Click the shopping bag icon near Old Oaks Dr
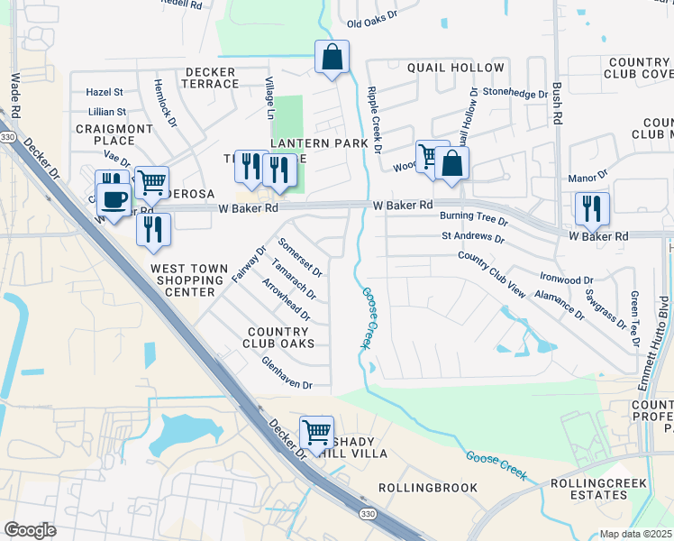point(332,58)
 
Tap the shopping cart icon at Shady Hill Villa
point(316,433)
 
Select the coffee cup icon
point(113,199)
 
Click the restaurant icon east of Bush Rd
point(592,208)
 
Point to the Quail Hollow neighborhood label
point(455,69)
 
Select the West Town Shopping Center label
point(196,280)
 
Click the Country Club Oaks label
point(280,337)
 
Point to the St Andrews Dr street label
point(472,237)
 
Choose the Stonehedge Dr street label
point(515,93)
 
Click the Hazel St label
point(105,92)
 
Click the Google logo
point(30,530)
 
